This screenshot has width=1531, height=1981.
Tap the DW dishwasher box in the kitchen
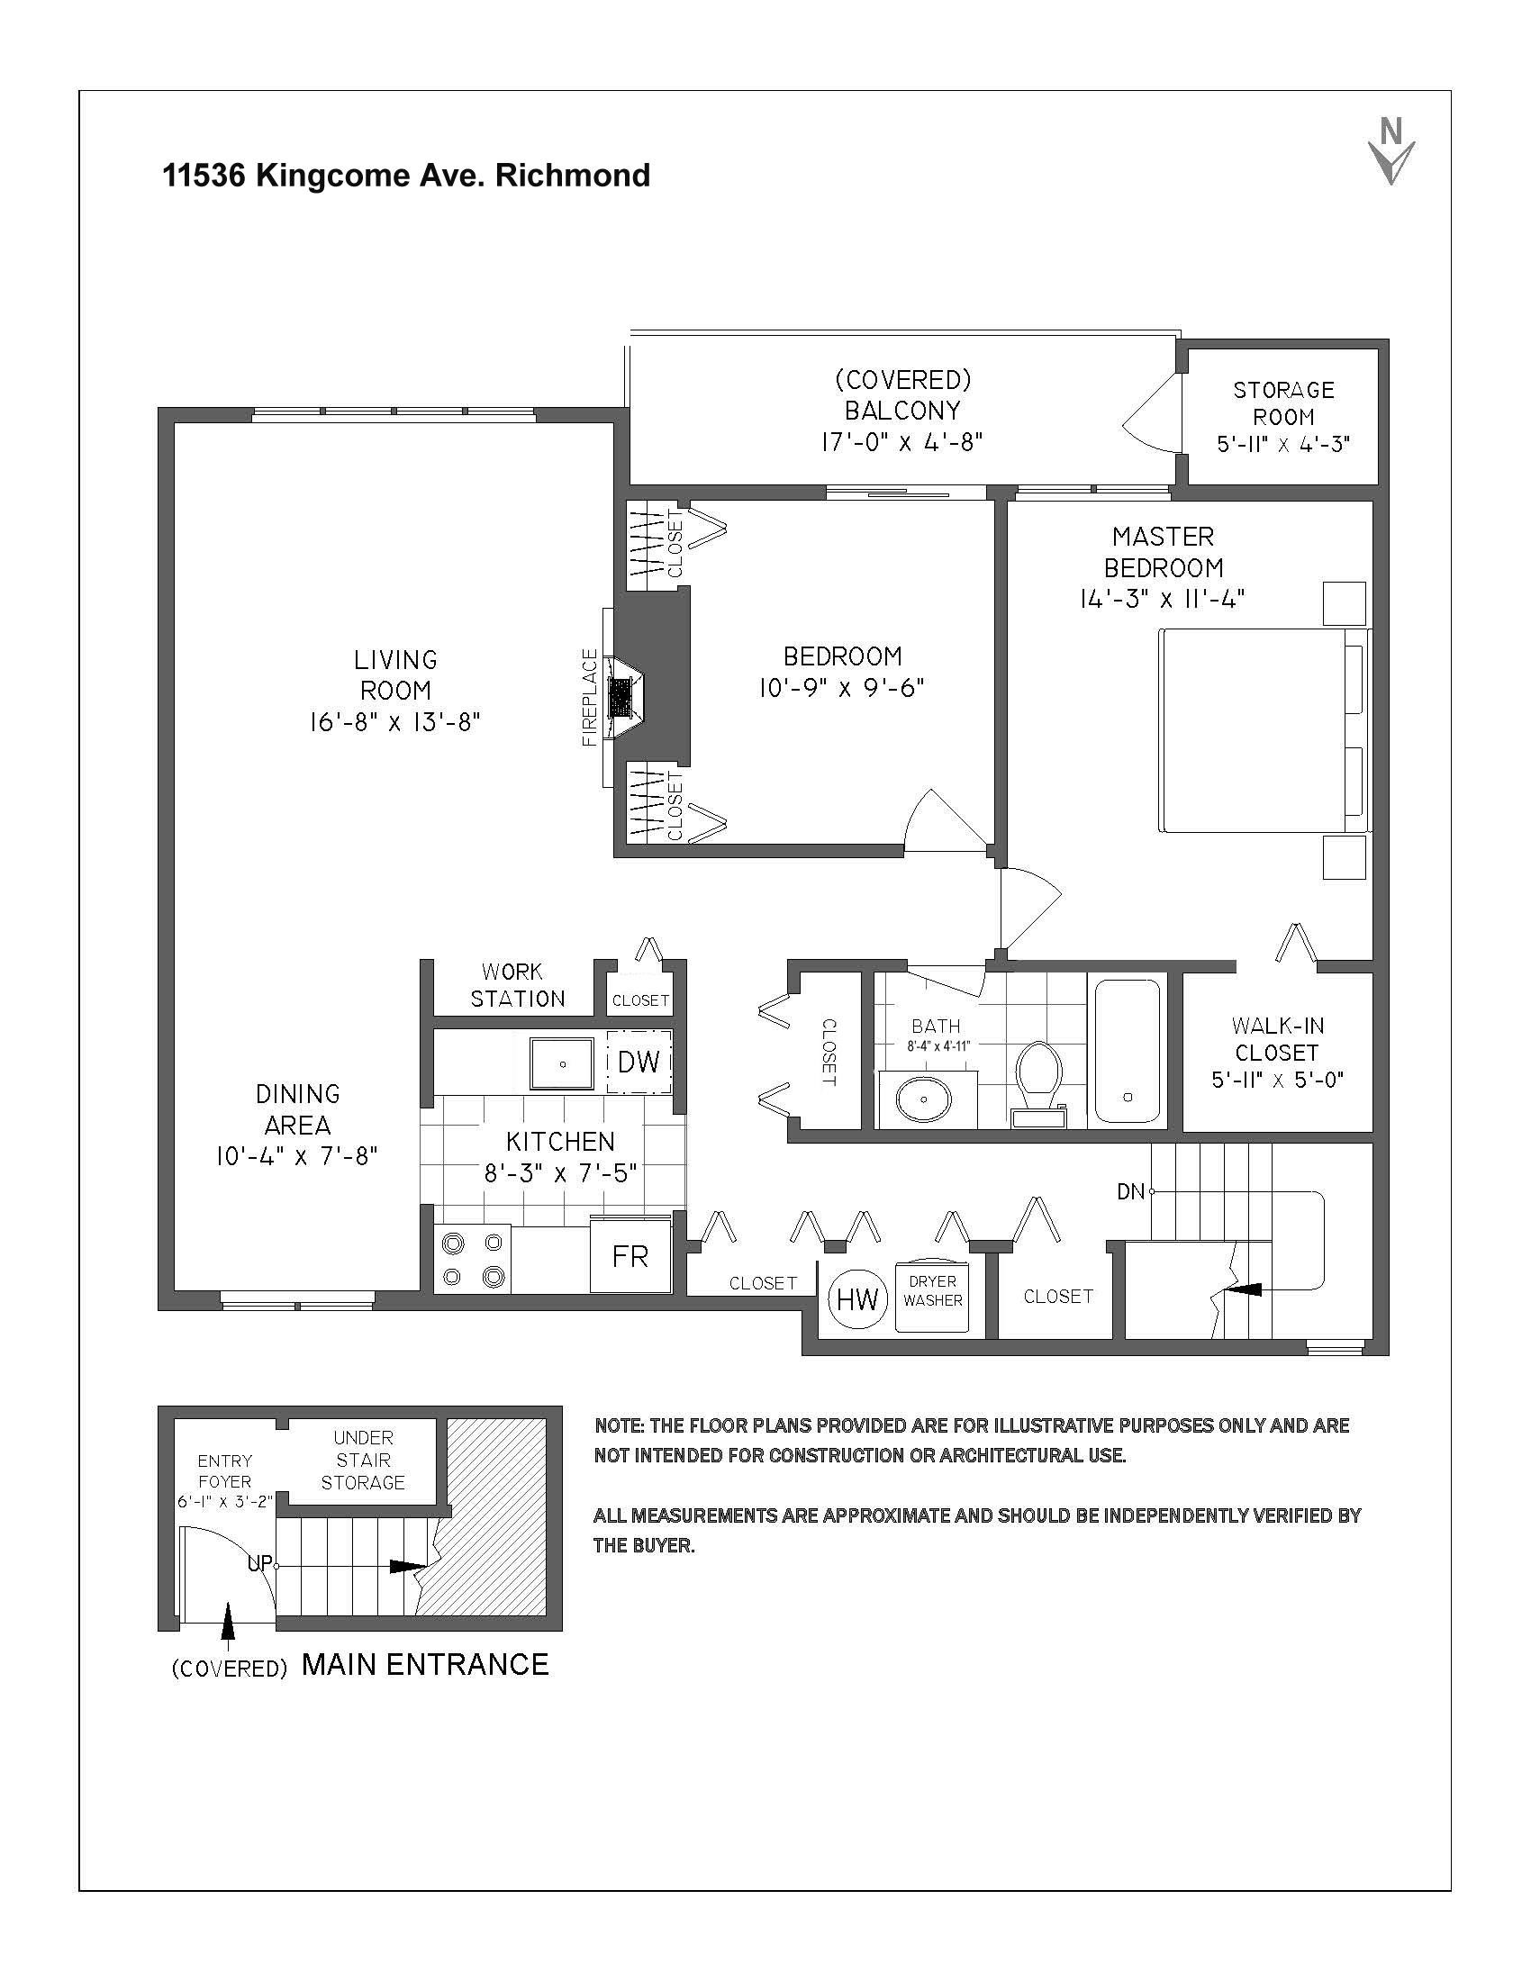tap(639, 1062)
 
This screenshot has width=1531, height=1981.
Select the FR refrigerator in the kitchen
tap(630, 1256)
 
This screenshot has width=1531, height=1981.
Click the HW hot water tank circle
tap(857, 1299)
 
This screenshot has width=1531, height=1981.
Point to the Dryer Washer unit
tap(932, 1296)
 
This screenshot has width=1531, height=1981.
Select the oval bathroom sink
tap(924, 1099)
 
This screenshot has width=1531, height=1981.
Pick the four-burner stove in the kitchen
tap(473, 1259)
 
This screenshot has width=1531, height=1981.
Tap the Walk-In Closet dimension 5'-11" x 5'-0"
tap(1277, 1081)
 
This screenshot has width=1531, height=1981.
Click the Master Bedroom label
tap(1163, 551)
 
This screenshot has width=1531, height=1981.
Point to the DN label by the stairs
tap(1130, 1192)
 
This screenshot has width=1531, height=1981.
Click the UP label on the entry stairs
tap(259, 1564)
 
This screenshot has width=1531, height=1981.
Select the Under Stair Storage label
tap(363, 1460)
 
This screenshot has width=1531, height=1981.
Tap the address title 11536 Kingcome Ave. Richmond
tap(406, 175)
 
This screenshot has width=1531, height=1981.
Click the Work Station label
tap(517, 985)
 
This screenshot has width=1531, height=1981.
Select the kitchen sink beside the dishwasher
tap(562, 1063)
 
